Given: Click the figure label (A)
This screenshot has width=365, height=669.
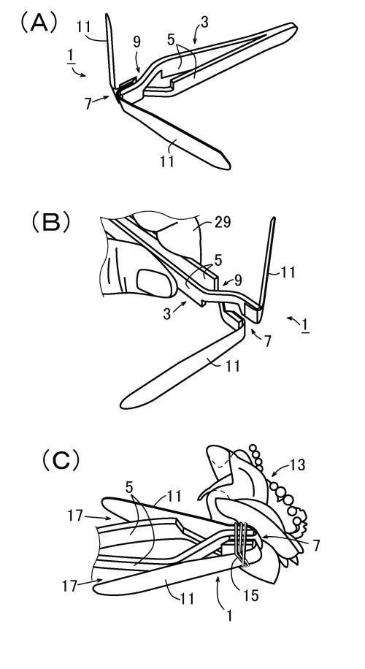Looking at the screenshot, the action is [39, 23].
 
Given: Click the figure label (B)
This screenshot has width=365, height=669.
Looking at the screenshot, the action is [51, 222].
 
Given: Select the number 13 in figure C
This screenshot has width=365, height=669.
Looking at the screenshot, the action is [297, 465].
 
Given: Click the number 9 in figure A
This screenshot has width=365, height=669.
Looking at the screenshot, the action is [137, 42].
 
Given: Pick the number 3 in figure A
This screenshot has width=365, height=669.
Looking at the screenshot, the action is [204, 22].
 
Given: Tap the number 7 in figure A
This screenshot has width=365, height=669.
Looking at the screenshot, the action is [88, 104].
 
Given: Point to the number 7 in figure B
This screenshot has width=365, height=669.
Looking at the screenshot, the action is [267, 341].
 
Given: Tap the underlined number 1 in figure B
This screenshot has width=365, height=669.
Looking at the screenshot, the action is [305, 326].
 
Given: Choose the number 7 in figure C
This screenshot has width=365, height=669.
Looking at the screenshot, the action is [315, 546].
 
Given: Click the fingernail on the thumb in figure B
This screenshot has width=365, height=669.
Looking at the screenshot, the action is [154, 283].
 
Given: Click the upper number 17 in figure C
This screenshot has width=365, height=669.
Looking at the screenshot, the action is [75, 516].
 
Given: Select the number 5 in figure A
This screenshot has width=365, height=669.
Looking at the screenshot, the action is [171, 40].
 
